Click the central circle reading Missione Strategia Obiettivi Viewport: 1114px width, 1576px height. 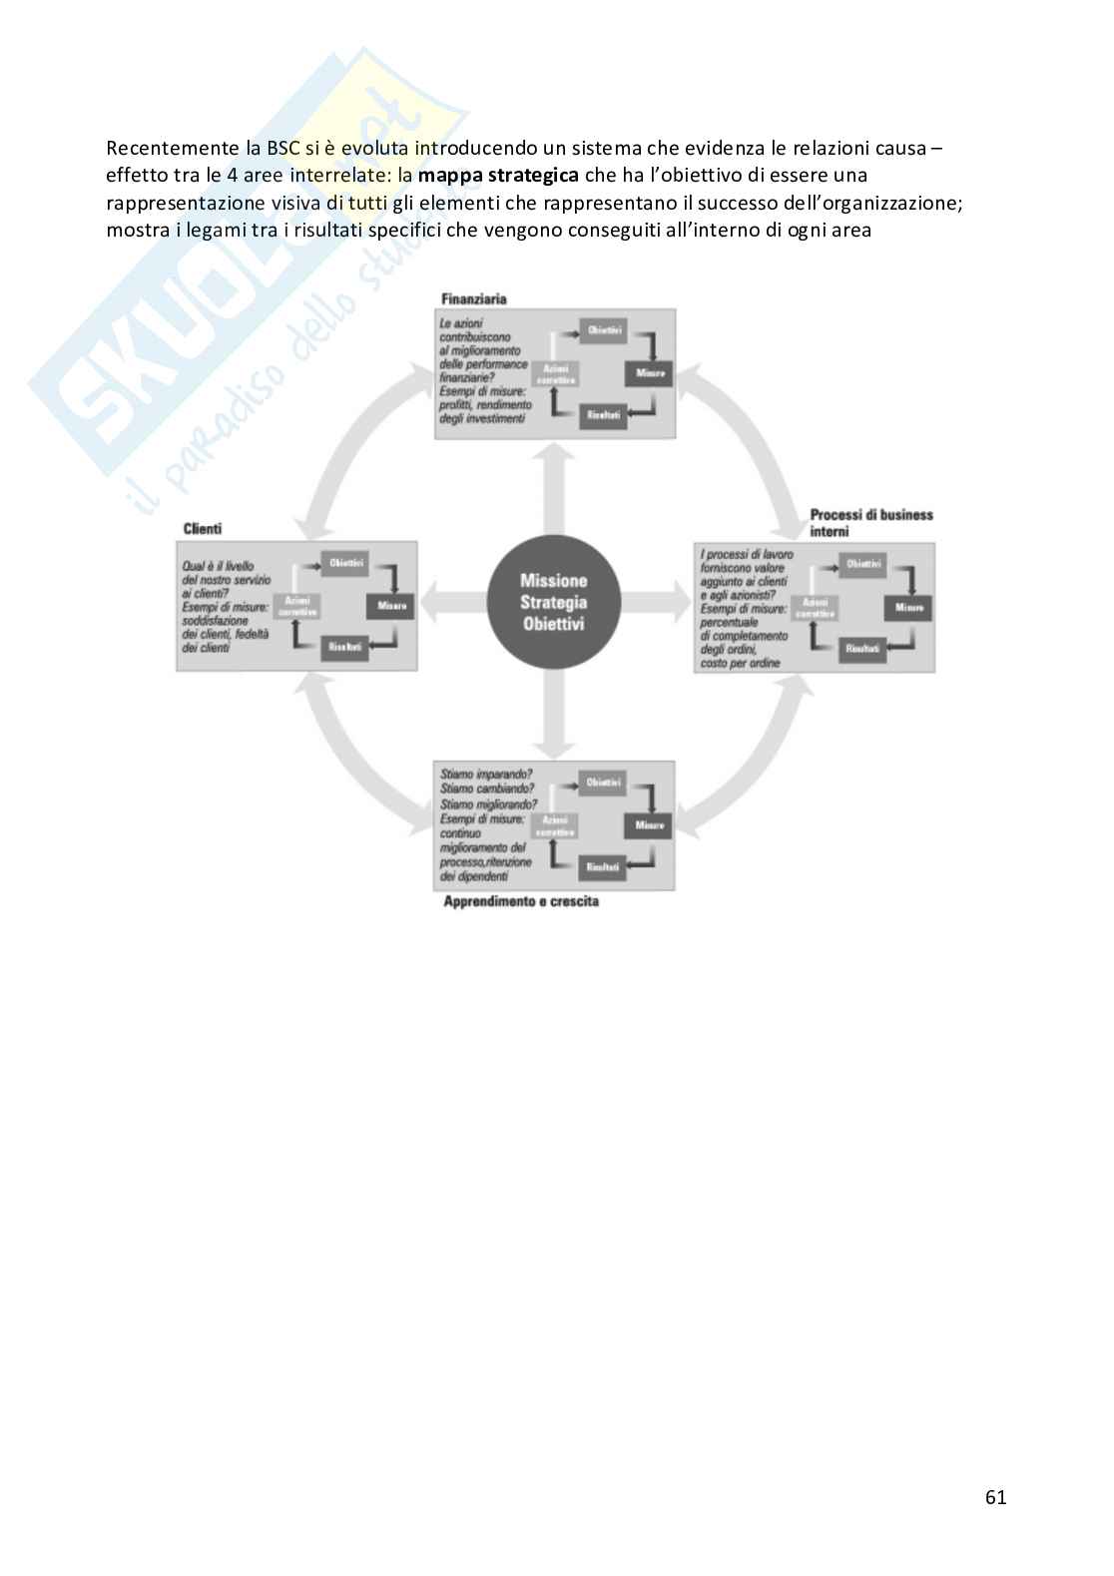coord(553,602)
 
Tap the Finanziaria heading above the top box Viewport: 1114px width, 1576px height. coord(474,298)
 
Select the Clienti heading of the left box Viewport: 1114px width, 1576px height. coord(203,528)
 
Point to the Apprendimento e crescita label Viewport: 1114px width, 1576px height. coord(521,901)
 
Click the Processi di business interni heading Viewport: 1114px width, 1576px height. coord(870,523)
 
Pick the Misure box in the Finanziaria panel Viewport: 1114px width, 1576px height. coord(650,373)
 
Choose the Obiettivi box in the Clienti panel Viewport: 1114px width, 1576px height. coord(346,564)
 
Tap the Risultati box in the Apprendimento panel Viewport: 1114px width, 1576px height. coord(603,867)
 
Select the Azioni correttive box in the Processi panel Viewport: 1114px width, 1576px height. coord(815,608)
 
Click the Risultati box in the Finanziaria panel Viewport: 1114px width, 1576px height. coord(603,415)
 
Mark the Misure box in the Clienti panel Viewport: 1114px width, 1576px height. coord(392,606)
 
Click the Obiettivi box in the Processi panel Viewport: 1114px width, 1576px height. coord(863,564)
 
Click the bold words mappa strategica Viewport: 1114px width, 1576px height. coord(498,176)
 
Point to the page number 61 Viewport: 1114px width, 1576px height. coord(995,1497)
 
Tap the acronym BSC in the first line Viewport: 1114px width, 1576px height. coord(282,149)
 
